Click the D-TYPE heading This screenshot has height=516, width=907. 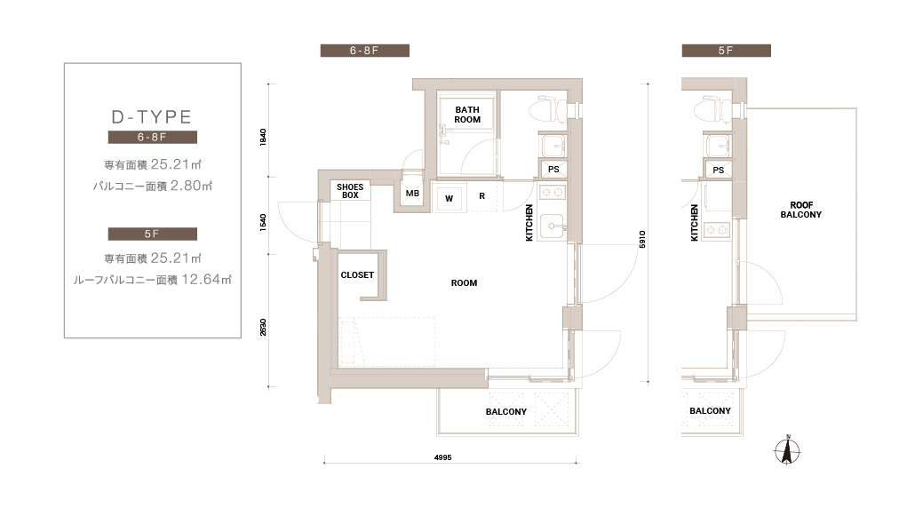tap(152, 117)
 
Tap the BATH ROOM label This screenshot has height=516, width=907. tap(467, 115)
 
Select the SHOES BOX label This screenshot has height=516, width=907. tap(350, 191)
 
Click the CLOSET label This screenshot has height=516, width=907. tap(357, 274)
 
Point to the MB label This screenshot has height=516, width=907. tap(412, 194)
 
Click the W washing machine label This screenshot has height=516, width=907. tap(449, 198)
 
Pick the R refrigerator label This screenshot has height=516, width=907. tap(481, 196)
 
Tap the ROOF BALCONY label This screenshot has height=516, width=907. tap(801, 210)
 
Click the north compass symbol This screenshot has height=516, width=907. tap(787, 449)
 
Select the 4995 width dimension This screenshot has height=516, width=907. tap(442, 457)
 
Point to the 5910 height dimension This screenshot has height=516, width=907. tap(642, 239)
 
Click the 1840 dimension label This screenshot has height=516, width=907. tap(263, 137)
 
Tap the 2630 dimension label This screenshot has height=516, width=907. tap(263, 327)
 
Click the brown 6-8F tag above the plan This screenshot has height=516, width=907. tap(365, 51)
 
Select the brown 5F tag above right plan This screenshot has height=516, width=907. tap(726, 51)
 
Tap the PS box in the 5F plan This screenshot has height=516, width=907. tap(718, 170)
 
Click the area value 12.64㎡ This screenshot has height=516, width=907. tap(206, 280)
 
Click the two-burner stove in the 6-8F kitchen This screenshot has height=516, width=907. tap(552, 192)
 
